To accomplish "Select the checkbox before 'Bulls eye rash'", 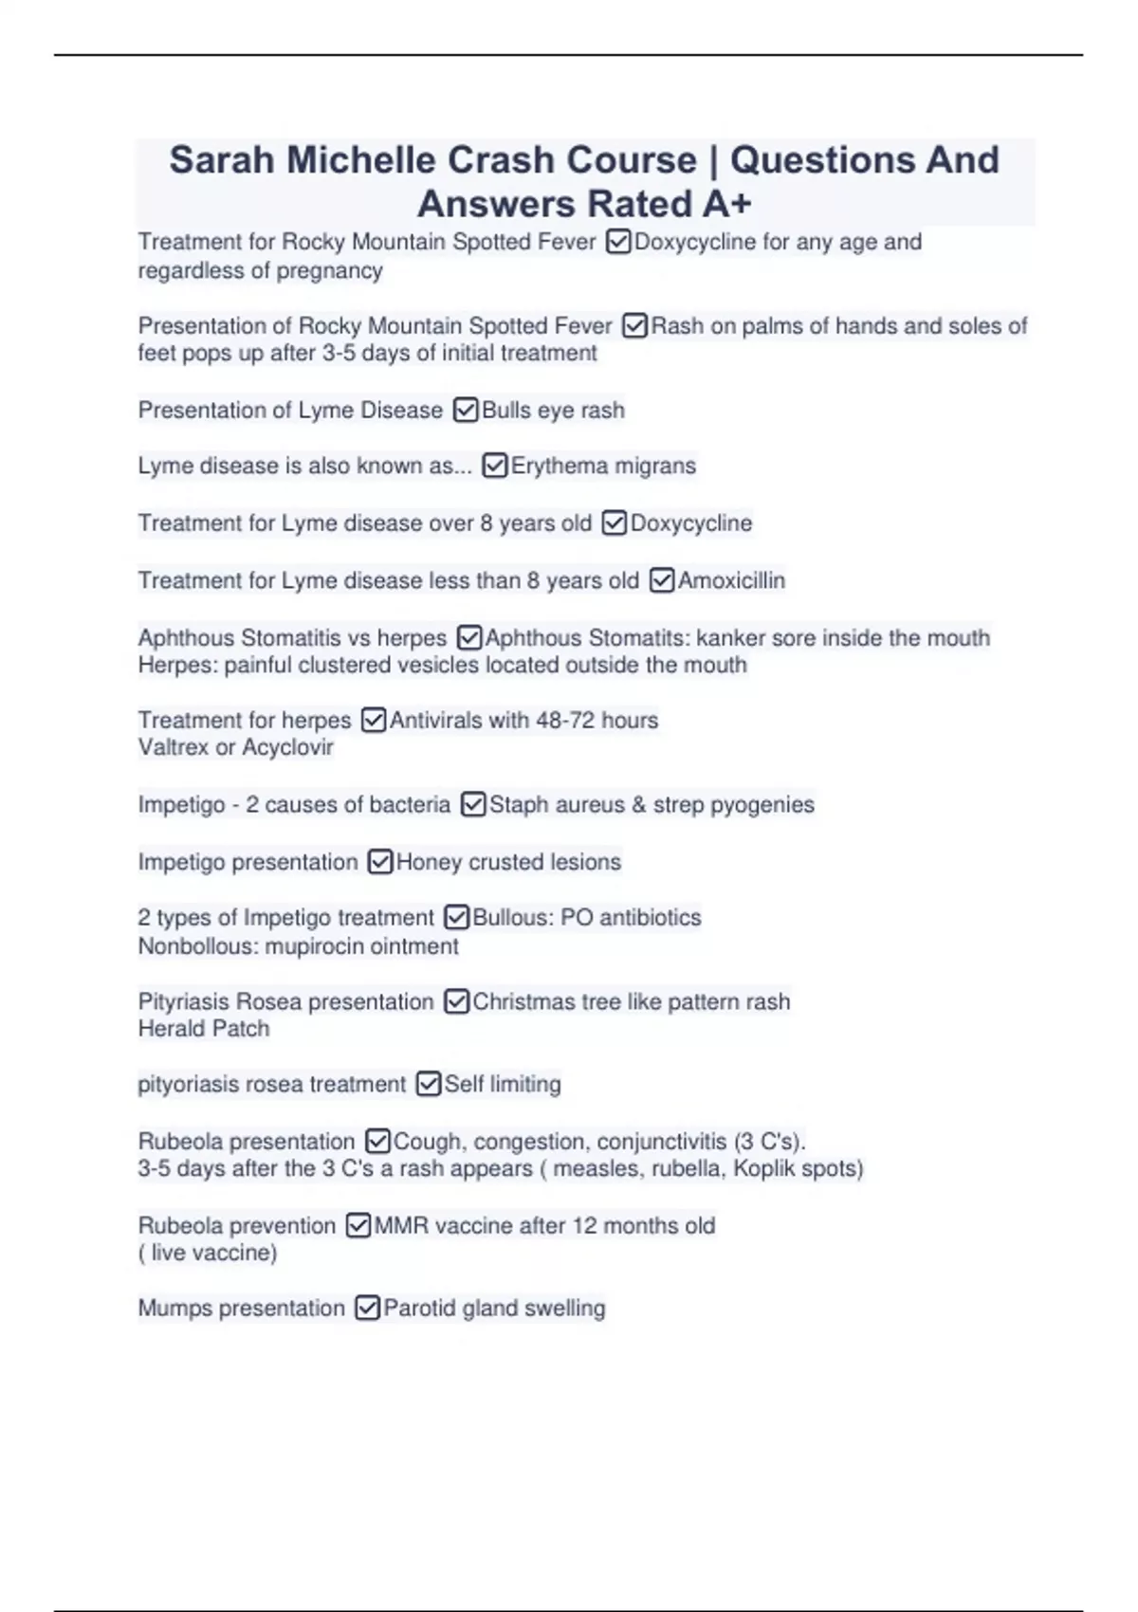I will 466,411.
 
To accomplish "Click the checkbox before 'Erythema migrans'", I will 495,467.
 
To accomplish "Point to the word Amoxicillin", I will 731,580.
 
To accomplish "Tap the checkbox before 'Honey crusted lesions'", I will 380,862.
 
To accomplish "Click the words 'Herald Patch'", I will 204,1029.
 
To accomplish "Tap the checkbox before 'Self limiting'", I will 429,1084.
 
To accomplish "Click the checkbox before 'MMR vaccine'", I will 358,1226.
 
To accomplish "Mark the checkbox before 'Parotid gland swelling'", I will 367,1309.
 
